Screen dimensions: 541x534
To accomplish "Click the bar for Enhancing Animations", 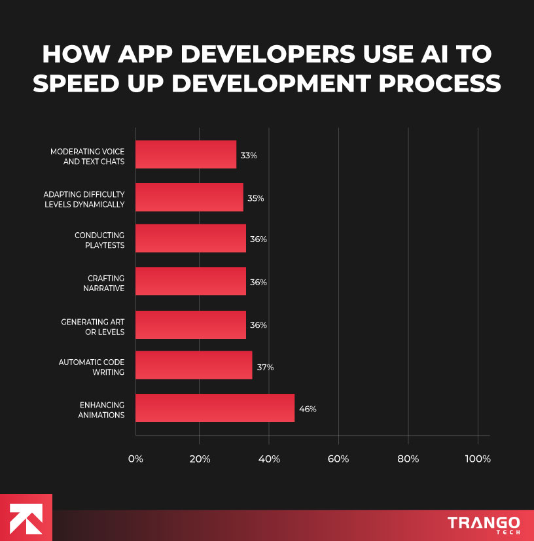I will (215, 408).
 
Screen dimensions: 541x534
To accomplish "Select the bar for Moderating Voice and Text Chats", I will (186, 155).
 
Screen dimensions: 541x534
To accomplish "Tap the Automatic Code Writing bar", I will (194, 366).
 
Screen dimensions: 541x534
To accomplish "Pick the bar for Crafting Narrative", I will (190, 281).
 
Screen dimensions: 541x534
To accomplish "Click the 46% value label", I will (308, 409).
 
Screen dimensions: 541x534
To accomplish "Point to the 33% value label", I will (249, 156).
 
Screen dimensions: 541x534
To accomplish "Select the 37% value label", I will (265, 367).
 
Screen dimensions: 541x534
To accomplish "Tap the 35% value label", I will (255, 198).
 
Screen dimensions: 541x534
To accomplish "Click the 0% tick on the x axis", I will (135, 459).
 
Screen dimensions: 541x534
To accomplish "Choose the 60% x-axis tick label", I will (338, 459).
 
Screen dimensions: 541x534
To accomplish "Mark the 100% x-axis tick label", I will (477, 459).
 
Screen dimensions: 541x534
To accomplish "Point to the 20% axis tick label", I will (200, 459).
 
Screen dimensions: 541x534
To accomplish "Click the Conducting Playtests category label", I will (99, 240).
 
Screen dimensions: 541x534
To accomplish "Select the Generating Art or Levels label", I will (93, 326).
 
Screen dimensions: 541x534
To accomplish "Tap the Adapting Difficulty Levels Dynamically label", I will (84, 199).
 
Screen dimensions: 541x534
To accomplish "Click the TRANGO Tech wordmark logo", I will (484, 525).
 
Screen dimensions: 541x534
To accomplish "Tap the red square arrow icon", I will (26, 517).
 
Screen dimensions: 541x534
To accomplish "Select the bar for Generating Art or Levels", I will (190, 324).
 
